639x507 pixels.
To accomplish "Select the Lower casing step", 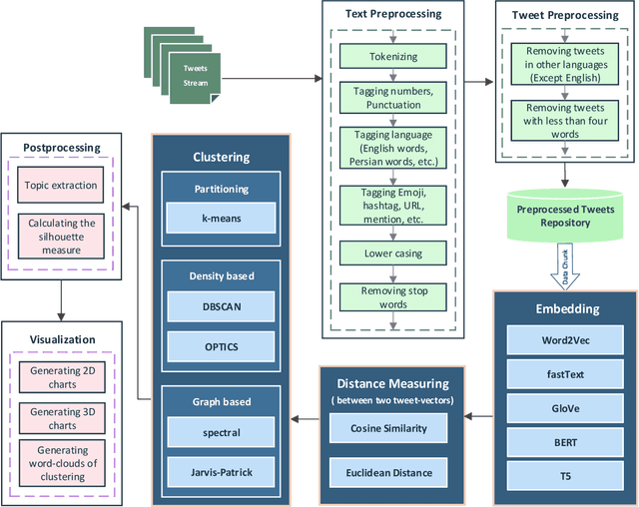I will coord(394,253).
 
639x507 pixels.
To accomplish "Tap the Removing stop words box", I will coord(394,296).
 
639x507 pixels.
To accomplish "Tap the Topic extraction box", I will coord(62,185).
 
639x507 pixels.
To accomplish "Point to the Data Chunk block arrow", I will coord(564,269).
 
